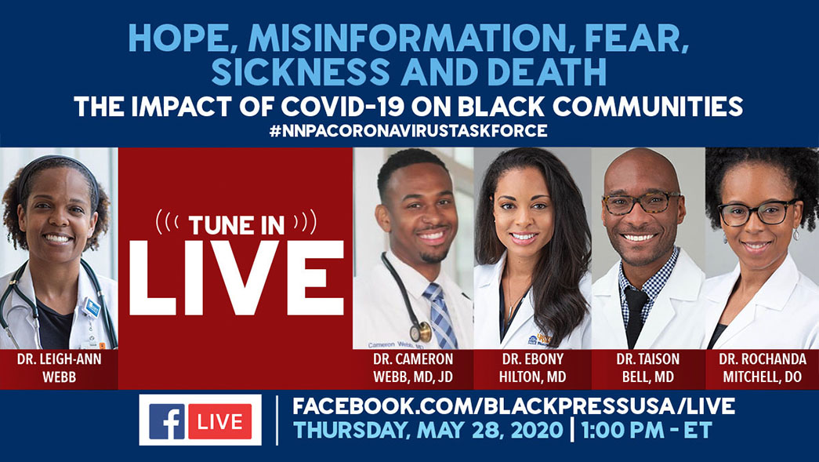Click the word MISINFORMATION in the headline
[407, 39]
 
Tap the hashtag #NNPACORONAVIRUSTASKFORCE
[408, 131]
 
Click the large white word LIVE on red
[236, 277]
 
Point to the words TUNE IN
[236, 225]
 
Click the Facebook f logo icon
[167, 421]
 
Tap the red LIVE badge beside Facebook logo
[220, 421]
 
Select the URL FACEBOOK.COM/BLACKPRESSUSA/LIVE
[513, 406]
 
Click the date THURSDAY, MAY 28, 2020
[428, 431]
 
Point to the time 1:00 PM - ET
[647, 431]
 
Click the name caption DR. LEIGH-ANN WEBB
[59, 368]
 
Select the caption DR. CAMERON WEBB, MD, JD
[413, 368]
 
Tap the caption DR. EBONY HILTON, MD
[532, 368]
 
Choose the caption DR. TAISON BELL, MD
[647, 368]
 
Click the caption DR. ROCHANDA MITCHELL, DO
[762, 368]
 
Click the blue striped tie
[440, 315]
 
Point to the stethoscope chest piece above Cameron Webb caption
[421, 333]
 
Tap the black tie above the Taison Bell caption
[635, 315]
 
